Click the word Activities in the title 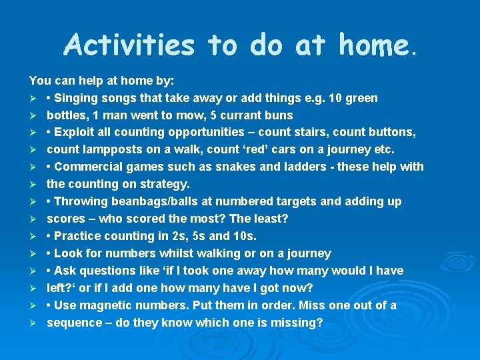click(x=129, y=46)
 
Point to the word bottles click(x=66, y=115)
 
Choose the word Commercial click(x=88, y=167)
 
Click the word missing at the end click(x=299, y=323)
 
